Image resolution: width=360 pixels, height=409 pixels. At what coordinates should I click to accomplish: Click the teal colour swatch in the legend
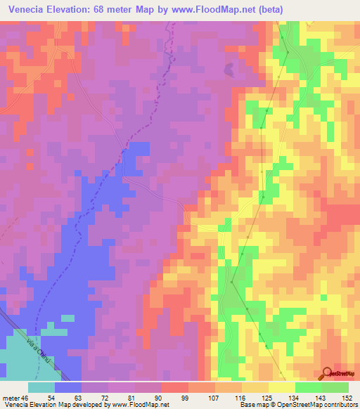(41, 387)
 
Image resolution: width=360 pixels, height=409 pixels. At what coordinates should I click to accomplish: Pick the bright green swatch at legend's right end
(335, 387)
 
